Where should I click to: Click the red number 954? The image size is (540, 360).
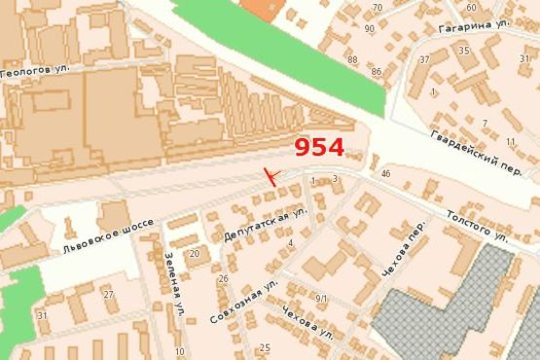tap(319, 147)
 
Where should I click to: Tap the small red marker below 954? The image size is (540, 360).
tap(270, 176)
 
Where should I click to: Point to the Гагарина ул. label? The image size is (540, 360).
tap(474, 26)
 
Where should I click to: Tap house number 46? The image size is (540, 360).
tap(386, 173)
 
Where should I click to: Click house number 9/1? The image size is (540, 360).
tap(323, 298)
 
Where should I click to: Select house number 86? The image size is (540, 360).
tap(376, 72)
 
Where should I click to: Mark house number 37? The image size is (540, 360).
tap(425, 59)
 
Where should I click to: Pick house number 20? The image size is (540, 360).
tap(195, 254)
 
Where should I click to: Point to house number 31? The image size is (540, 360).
tap(42, 315)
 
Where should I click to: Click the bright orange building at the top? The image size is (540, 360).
tap(259, 8)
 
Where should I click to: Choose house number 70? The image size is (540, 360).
tap(378, 8)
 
